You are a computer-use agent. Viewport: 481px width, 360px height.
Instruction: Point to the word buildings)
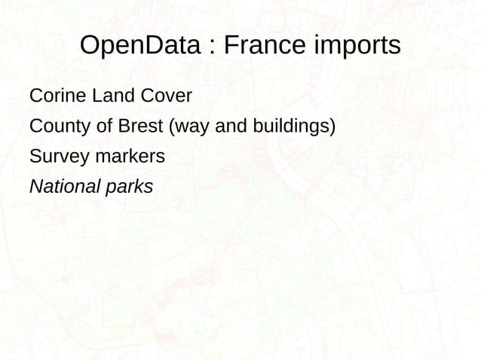[x=292, y=127]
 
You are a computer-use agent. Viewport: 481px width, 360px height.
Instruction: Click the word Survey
[x=58, y=157]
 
